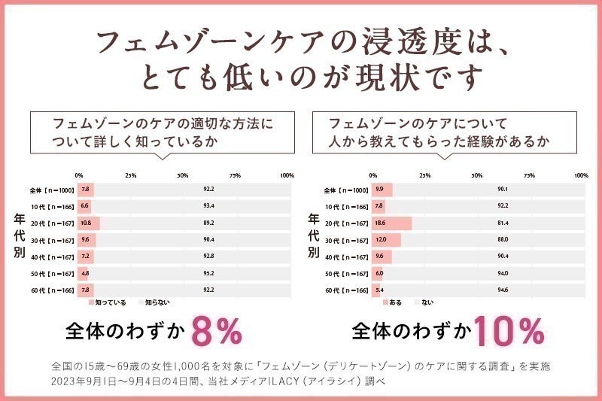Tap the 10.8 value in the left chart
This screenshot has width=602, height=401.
coord(86,223)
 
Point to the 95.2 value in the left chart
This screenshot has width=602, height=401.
coord(209,274)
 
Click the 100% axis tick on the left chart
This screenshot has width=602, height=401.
coord(287,175)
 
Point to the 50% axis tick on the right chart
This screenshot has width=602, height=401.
coord(477,175)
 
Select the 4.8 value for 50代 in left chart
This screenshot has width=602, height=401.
coord(85,274)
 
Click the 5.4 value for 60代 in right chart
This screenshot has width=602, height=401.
coord(379,290)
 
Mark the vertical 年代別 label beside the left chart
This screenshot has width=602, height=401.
coord(20,235)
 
